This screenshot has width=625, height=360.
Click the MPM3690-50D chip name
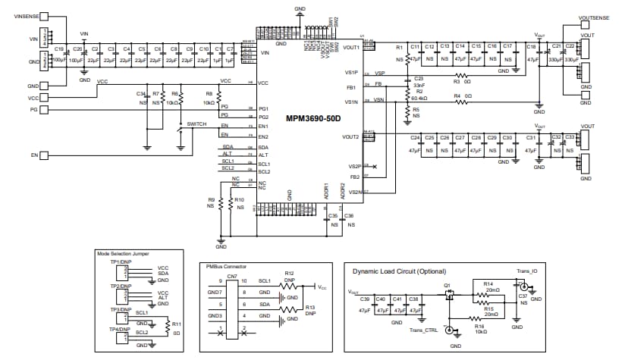click(x=313, y=119)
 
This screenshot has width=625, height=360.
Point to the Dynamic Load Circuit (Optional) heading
click(x=395, y=271)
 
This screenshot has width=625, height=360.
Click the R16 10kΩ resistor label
click(x=479, y=328)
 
